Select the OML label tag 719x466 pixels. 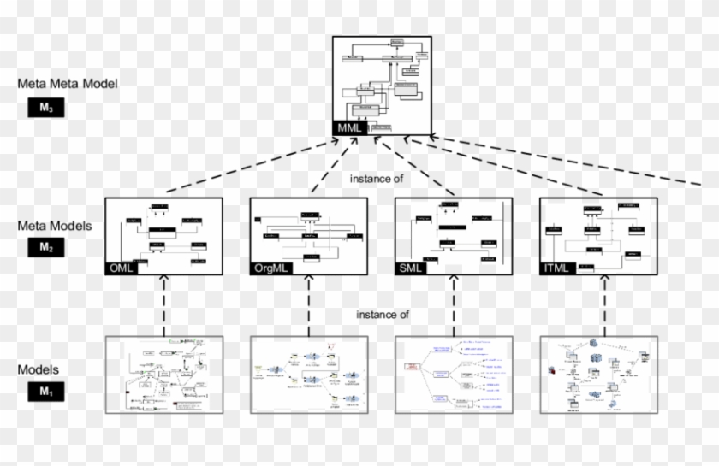[121, 268]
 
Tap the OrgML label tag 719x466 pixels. [270, 268]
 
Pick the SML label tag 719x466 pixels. [412, 268]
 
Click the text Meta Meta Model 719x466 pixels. [68, 84]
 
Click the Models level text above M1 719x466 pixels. [39, 369]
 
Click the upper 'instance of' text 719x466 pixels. [377, 179]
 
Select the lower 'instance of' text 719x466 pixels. [383, 315]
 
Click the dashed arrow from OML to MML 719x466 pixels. [248, 165]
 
